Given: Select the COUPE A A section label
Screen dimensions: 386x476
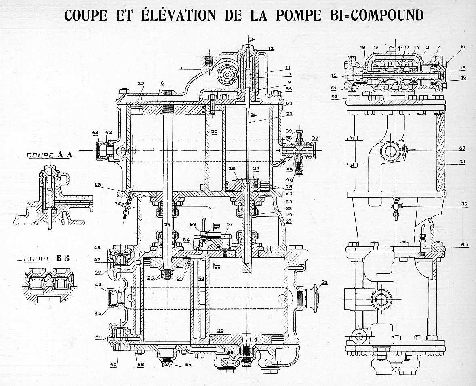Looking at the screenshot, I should click(44, 155).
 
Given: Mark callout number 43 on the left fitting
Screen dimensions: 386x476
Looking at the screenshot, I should click(95, 132).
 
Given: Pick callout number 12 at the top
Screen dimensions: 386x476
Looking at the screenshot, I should click(270, 49).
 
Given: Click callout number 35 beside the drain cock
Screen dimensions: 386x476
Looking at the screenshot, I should click(463, 204).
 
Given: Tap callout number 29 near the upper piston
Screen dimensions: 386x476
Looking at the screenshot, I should click(140, 83).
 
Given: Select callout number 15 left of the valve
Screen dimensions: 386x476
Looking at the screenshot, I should click(333, 75).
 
